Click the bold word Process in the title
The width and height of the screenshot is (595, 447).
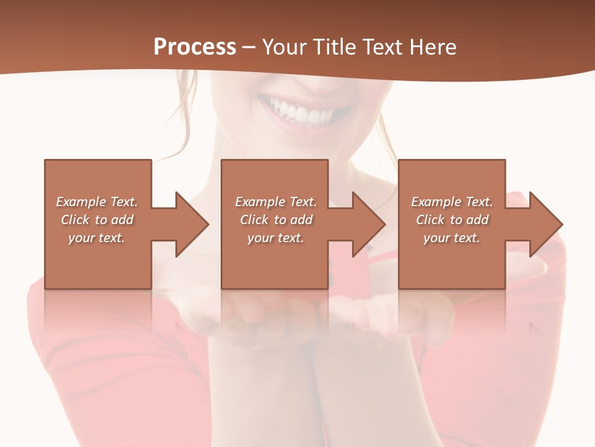195,47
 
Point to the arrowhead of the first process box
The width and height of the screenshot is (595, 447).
192,225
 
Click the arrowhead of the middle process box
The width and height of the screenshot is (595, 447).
369,225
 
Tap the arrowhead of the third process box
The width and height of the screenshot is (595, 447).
546,225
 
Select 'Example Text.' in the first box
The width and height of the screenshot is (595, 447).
97,202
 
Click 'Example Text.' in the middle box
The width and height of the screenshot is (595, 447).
276,202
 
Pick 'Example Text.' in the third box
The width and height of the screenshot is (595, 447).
452,202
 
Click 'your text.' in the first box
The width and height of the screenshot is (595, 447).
97,238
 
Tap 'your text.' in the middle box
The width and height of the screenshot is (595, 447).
276,238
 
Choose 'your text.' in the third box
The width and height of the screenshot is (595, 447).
452,238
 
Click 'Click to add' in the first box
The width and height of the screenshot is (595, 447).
97,220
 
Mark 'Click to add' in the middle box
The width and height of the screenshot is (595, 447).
276,220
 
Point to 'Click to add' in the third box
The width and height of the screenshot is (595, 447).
452,220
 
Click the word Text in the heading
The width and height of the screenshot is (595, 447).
380,47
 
